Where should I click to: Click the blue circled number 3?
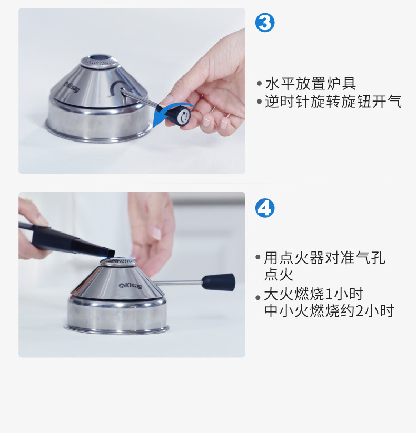[x=265, y=23]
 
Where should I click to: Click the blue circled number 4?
[x=265, y=208]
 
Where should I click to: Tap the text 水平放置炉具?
[x=310, y=84]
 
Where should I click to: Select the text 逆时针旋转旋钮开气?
[x=333, y=102]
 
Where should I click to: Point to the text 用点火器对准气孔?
[x=324, y=258]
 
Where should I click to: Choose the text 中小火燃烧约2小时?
[x=329, y=310]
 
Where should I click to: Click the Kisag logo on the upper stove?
[x=71, y=86]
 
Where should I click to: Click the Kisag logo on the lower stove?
[x=130, y=286]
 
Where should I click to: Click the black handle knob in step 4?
[x=219, y=282]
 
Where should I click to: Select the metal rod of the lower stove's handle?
[x=179, y=283]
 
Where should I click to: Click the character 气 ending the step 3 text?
[x=394, y=102]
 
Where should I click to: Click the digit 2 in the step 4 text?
[x=359, y=311]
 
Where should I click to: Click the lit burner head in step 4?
[x=118, y=261]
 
